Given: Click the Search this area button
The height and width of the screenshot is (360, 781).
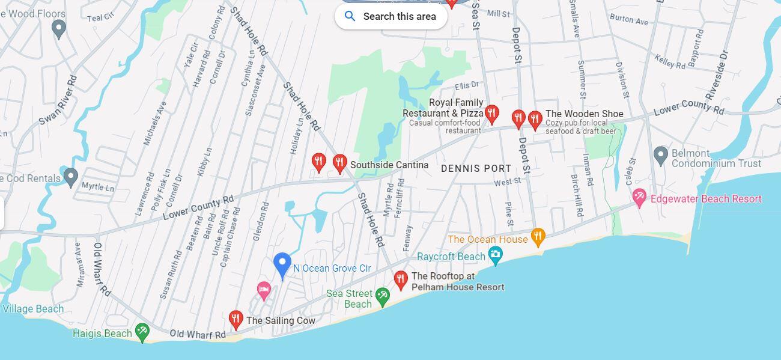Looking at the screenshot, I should click(x=391, y=16).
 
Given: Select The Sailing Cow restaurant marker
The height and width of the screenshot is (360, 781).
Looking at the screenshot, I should click(x=236, y=319).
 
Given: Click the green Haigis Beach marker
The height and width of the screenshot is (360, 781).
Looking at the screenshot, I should click(x=142, y=331).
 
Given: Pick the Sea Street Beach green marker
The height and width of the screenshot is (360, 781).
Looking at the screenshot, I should click(x=383, y=296).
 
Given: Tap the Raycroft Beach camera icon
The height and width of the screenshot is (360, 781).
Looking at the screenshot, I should click(x=495, y=255).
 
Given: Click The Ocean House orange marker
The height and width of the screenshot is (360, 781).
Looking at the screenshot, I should click(x=538, y=237).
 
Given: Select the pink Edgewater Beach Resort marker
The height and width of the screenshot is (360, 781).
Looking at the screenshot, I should click(x=639, y=197).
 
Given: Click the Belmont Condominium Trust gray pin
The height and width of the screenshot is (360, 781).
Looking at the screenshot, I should click(x=661, y=155).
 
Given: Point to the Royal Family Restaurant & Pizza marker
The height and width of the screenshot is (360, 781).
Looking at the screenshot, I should click(x=492, y=113).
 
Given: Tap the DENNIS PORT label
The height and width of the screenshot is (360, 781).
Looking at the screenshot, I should click(x=476, y=169).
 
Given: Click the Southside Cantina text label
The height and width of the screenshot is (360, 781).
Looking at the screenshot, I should click(x=389, y=165).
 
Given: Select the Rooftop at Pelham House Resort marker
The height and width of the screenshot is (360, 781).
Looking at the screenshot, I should click(x=401, y=279).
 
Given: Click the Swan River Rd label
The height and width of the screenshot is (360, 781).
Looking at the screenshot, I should click(x=58, y=100).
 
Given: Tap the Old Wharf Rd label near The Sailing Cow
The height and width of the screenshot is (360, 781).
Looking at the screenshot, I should click(x=198, y=334).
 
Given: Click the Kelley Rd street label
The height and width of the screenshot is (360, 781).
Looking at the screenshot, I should click(x=670, y=61).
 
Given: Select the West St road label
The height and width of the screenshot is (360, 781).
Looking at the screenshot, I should click(x=508, y=182).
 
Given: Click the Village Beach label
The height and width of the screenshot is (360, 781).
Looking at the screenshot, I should click(x=33, y=309).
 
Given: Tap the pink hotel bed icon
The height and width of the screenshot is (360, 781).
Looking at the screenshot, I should click(x=263, y=290).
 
